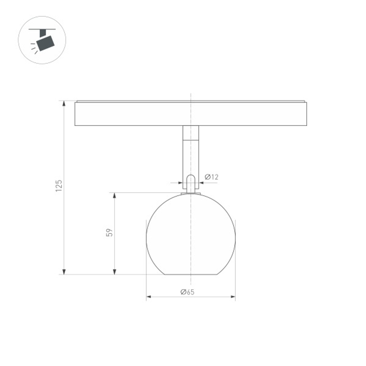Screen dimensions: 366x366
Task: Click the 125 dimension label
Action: pyautogui.click(x=59, y=186)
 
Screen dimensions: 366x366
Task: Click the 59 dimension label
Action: pyautogui.click(x=109, y=233)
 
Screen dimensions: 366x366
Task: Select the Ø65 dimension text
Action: pyautogui.click(x=187, y=292)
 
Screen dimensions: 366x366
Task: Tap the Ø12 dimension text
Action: pyautogui.click(x=212, y=177)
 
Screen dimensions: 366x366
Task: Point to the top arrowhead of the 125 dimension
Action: pyautogui.click(x=64, y=104)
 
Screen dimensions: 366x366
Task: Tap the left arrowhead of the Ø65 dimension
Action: pyautogui.click(x=149, y=296)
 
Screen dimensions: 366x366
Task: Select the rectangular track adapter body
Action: pyautogui.click(x=190, y=114)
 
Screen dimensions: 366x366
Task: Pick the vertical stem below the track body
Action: pyautogui.click(x=191, y=157)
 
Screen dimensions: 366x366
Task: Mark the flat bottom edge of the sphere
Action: pyautogui.click(x=191, y=274)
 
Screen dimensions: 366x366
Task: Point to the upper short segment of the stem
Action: pyautogui.click(x=191, y=132)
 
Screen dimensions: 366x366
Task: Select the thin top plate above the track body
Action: pyautogui.click(x=190, y=101)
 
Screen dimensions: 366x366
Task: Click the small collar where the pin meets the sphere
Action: pyautogui.click(x=191, y=193)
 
